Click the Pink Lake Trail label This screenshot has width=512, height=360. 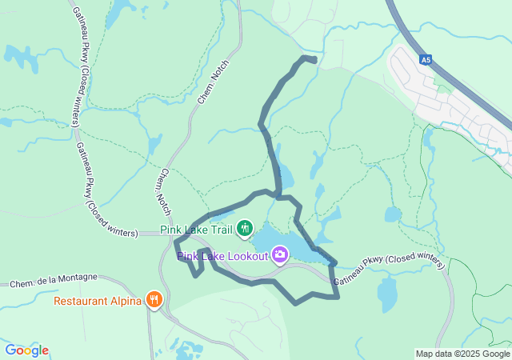pyautogui.click(x=196, y=230)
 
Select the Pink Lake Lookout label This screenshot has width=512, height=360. pyautogui.click(x=222, y=256)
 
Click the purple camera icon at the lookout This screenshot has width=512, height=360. pyautogui.click(x=279, y=254)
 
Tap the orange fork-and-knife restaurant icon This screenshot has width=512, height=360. pyautogui.click(x=154, y=301)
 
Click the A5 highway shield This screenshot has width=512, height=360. pyautogui.click(x=427, y=58)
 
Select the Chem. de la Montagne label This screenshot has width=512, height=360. pyautogui.click(x=54, y=281)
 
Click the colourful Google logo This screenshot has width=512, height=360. pyautogui.click(x=26, y=350)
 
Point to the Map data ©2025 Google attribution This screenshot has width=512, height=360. pyautogui.click(x=462, y=354)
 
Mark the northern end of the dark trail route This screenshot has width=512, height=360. pyautogui.click(x=313, y=59)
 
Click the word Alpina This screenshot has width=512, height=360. pyautogui.click(x=126, y=302)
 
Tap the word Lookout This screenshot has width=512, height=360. pyautogui.click(x=244, y=256)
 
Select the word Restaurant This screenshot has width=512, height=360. pyautogui.click(x=82, y=302)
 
